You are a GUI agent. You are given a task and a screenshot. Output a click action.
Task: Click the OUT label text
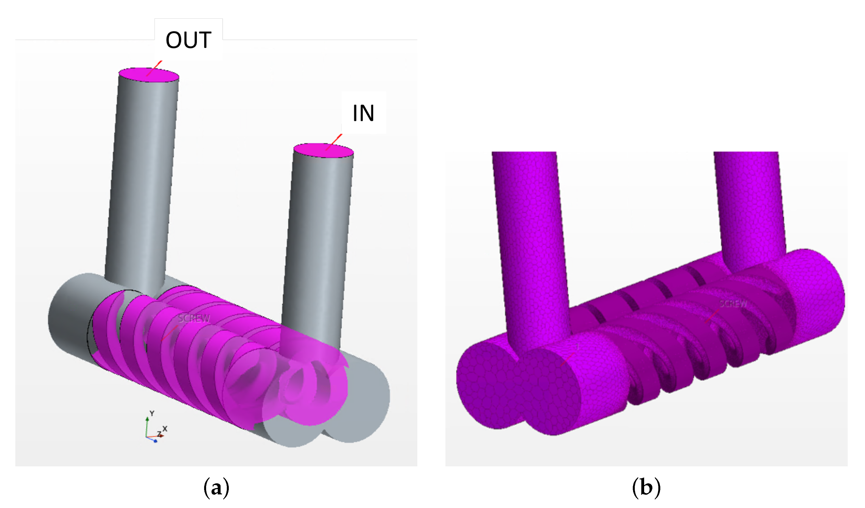189,40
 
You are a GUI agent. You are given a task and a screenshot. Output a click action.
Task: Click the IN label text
363,113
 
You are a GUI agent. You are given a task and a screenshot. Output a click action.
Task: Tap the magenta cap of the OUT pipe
149,75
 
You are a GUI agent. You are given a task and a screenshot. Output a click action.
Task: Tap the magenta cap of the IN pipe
323,150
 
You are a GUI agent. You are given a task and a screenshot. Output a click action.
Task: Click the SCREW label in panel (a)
194,319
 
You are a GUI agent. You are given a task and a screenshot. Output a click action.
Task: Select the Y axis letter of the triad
152,413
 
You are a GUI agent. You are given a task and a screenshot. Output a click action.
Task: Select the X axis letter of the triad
165,429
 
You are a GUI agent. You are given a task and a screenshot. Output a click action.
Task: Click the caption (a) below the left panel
216,487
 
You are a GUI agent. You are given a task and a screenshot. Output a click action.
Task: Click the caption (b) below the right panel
646,487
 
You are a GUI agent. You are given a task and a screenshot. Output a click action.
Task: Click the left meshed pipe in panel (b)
530,240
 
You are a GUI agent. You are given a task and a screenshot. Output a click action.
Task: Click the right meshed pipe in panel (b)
750,206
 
